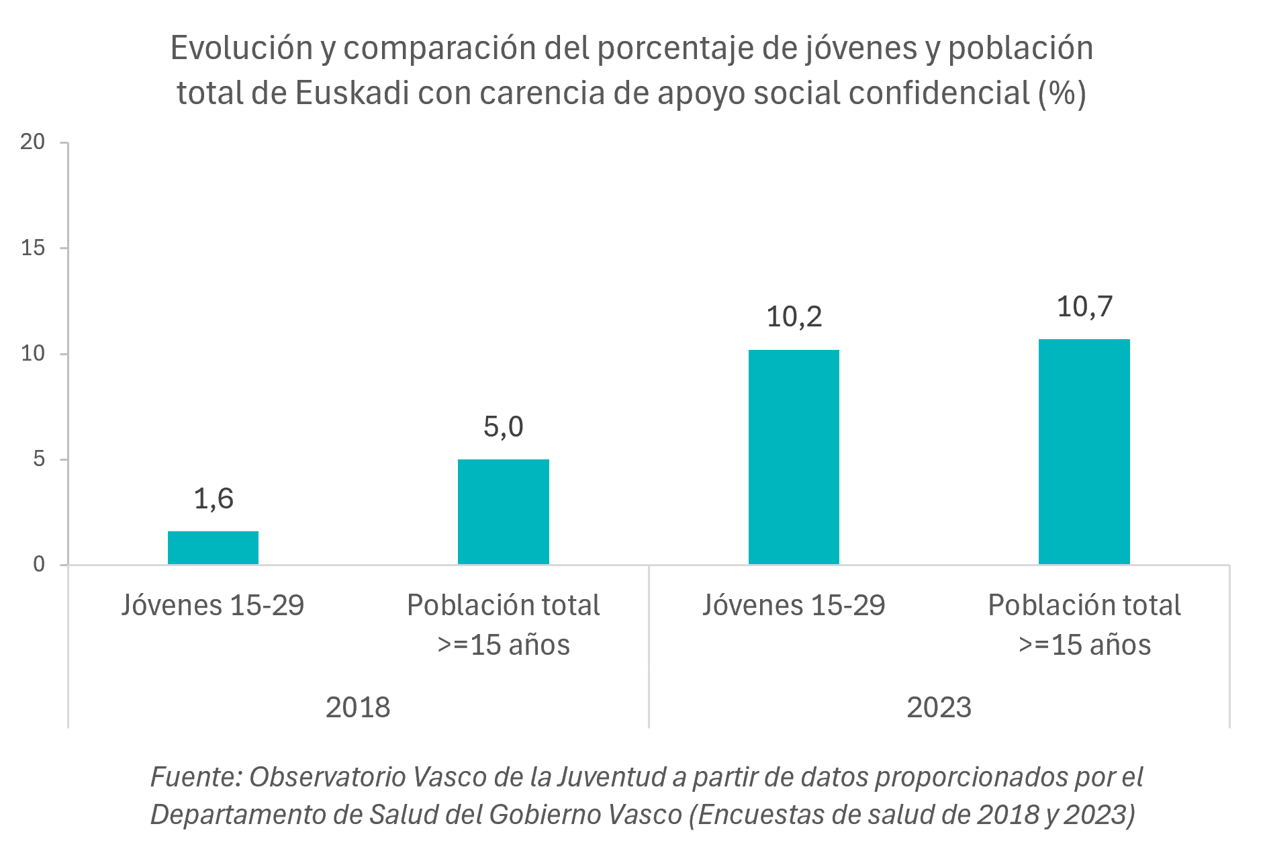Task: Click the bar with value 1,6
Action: (x=213, y=547)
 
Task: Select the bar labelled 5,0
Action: (x=503, y=512)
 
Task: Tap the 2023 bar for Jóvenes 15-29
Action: (x=794, y=457)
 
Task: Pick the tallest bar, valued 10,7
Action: (x=1084, y=451)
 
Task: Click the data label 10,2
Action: (x=794, y=317)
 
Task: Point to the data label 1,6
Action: (x=214, y=499)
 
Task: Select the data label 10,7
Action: (x=1084, y=307)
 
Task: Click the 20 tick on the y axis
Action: (x=33, y=142)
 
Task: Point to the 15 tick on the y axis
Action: (x=33, y=248)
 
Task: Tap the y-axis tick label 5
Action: (x=39, y=459)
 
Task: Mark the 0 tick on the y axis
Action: (x=39, y=564)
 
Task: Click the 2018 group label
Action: (x=358, y=707)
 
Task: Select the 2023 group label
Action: (x=939, y=707)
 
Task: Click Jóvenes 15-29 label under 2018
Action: (x=213, y=605)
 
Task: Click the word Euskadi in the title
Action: (x=352, y=93)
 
